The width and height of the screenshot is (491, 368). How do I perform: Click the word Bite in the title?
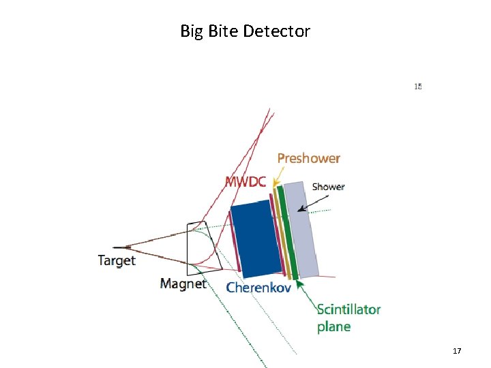[x=222, y=31]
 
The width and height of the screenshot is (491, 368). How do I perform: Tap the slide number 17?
[x=457, y=351]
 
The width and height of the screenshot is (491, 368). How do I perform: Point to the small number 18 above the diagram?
[x=418, y=87]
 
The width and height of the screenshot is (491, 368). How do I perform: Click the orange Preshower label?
[x=308, y=158]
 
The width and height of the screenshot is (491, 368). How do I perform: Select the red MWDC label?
[x=245, y=181]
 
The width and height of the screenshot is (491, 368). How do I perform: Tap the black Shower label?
[x=328, y=187]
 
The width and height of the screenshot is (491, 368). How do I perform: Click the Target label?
[x=117, y=260]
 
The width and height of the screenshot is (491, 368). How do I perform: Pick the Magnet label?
[x=183, y=283]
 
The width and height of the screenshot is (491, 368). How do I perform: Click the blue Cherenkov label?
[x=258, y=287]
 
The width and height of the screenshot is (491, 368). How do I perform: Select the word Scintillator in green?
[x=348, y=309]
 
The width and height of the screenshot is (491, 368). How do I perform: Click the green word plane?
[x=333, y=326]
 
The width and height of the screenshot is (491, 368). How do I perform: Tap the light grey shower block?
[x=301, y=228]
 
